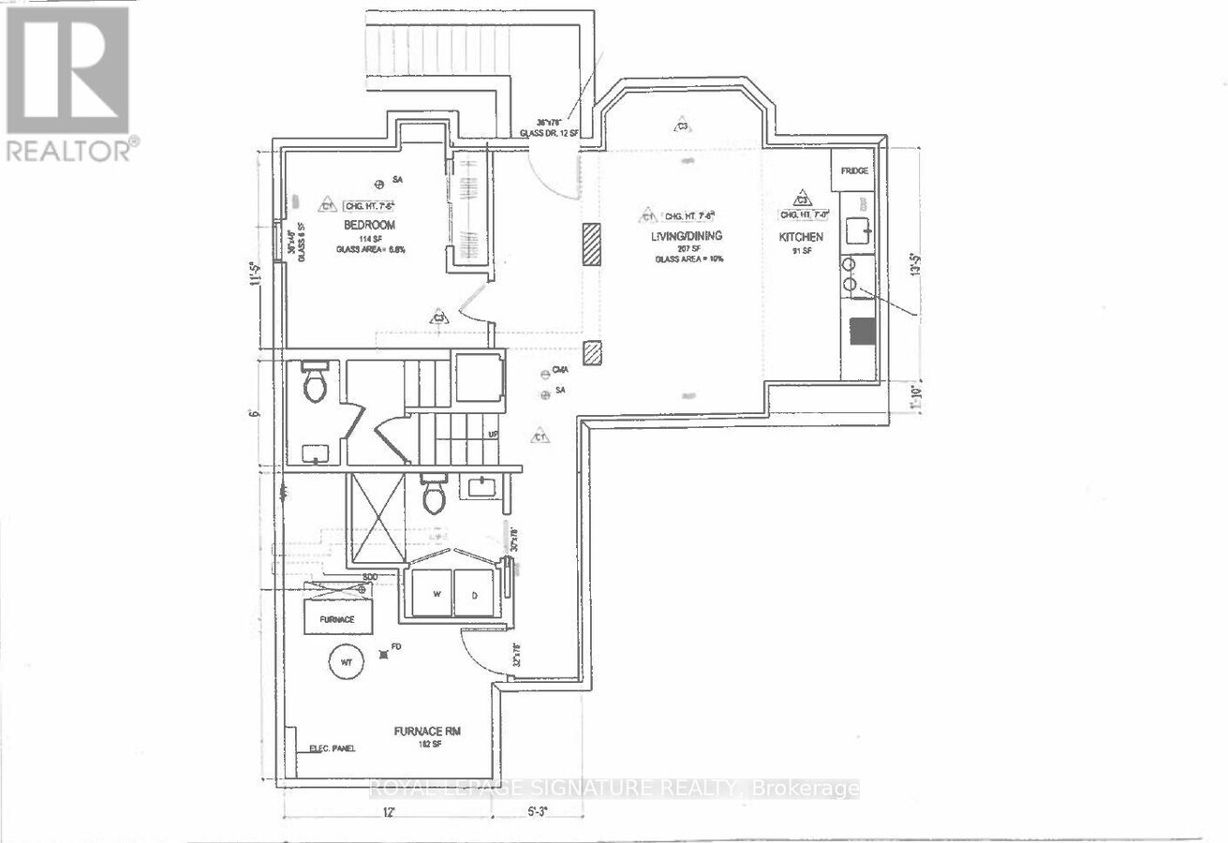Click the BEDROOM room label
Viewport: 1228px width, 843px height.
tap(368, 225)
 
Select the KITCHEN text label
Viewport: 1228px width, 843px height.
tap(801, 238)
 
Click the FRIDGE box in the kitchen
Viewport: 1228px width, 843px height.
tap(853, 171)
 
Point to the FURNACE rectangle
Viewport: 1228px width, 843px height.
tap(336, 619)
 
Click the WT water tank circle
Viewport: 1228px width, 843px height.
tap(346, 662)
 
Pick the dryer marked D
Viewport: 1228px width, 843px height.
tap(474, 594)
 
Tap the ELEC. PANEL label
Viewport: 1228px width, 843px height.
tap(333, 748)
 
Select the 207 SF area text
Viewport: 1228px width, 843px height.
tap(693, 248)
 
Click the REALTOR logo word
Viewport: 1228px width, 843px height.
tap(71, 150)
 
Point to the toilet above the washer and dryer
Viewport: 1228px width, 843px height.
tap(434, 496)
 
